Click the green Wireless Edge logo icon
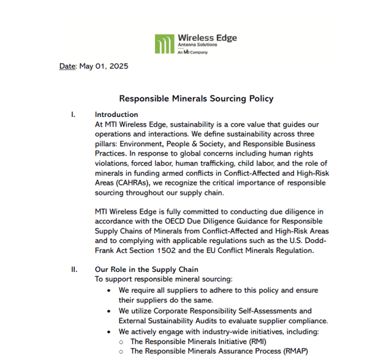(x=164, y=44)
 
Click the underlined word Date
(x=67, y=66)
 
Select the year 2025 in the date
(x=117, y=66)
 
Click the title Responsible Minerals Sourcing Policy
(x=196, y=99)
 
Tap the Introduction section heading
(x=116, y=114)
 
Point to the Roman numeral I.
(x=73, y=114)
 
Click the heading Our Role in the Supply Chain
(x=146, y=269)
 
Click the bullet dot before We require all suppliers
(x=109, y=290)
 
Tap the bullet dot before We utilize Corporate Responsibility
(x=109, y=311)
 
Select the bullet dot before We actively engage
(x=109, y=332)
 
